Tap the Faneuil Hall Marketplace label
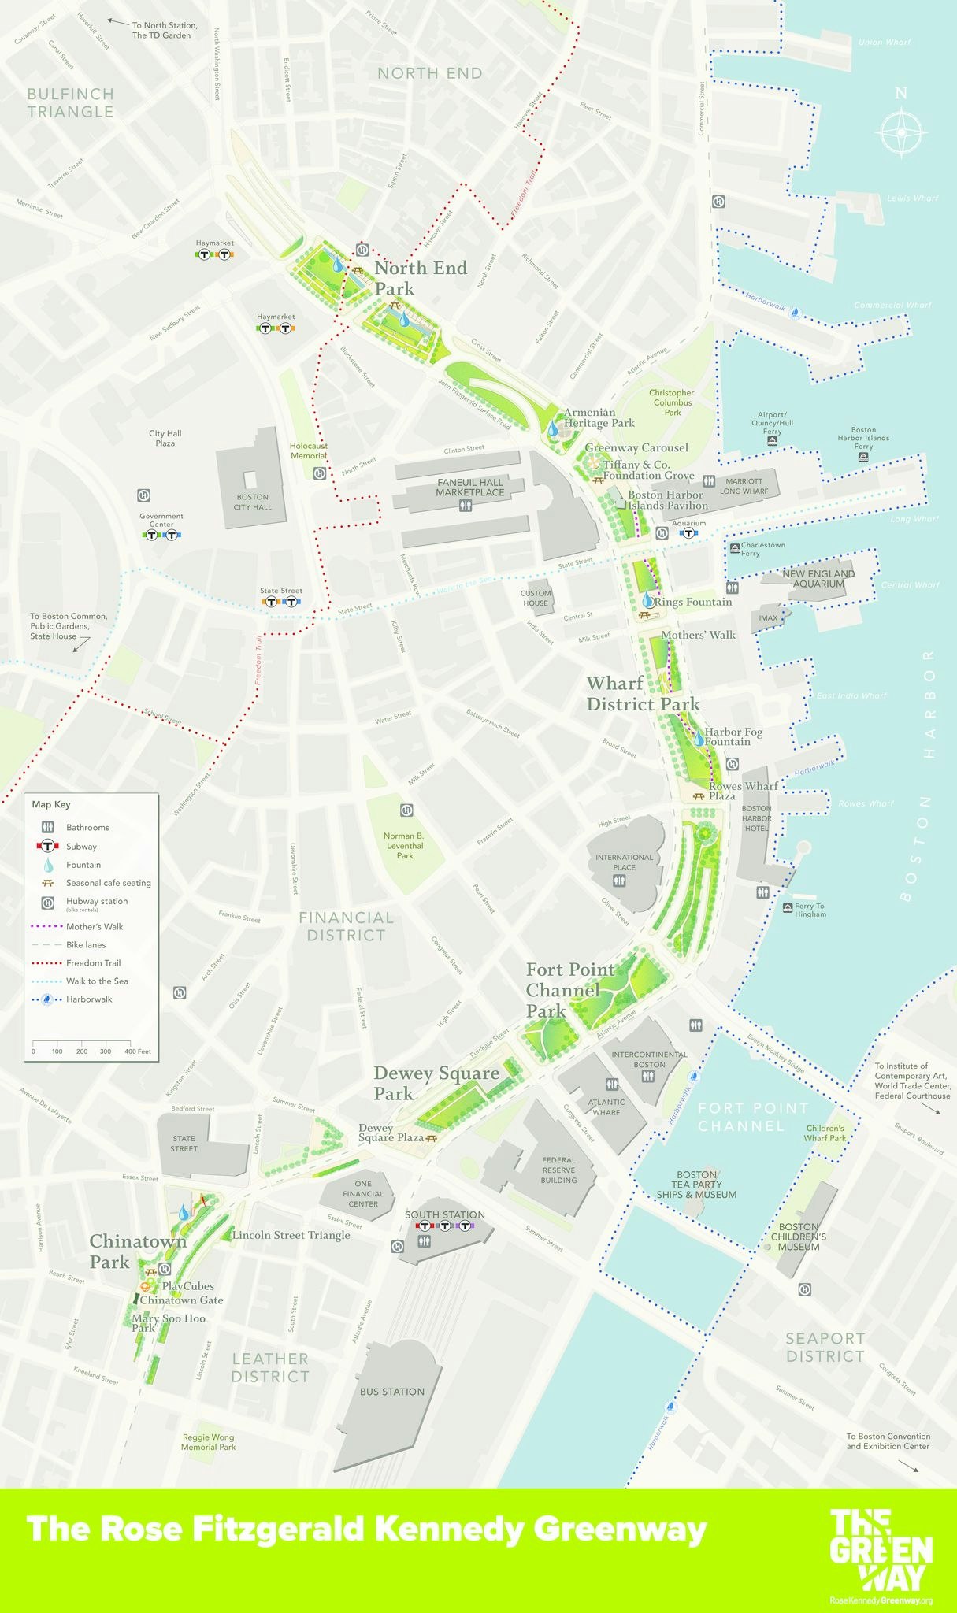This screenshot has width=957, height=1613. [x=470, y=487]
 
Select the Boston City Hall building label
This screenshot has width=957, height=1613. [x=252, y=502]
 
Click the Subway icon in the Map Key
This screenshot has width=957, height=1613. [x=48, y=846]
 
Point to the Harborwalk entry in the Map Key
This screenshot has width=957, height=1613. [x=89, y=999]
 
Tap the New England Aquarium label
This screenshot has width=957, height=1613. [x=818, y=579]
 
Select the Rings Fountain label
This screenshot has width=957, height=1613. [x=692, y=602]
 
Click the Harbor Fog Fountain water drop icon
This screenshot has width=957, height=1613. [x=698, y=739]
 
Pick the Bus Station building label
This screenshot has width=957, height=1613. [x=391, y=1392]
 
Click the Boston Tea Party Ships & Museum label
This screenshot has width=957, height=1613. [x=696, y=1185]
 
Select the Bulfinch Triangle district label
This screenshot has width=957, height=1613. [x=70, y=102]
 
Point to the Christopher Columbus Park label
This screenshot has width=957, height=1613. [x=672, y=402]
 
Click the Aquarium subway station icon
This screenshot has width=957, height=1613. [x=688, y=533]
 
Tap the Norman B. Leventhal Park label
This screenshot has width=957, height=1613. [x=404, y=845]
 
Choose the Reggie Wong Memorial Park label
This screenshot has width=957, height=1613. [x=208, y=1441]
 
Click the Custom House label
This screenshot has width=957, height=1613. [x=536, y=598]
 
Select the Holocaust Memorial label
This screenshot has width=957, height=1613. [x=308, y=451]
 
